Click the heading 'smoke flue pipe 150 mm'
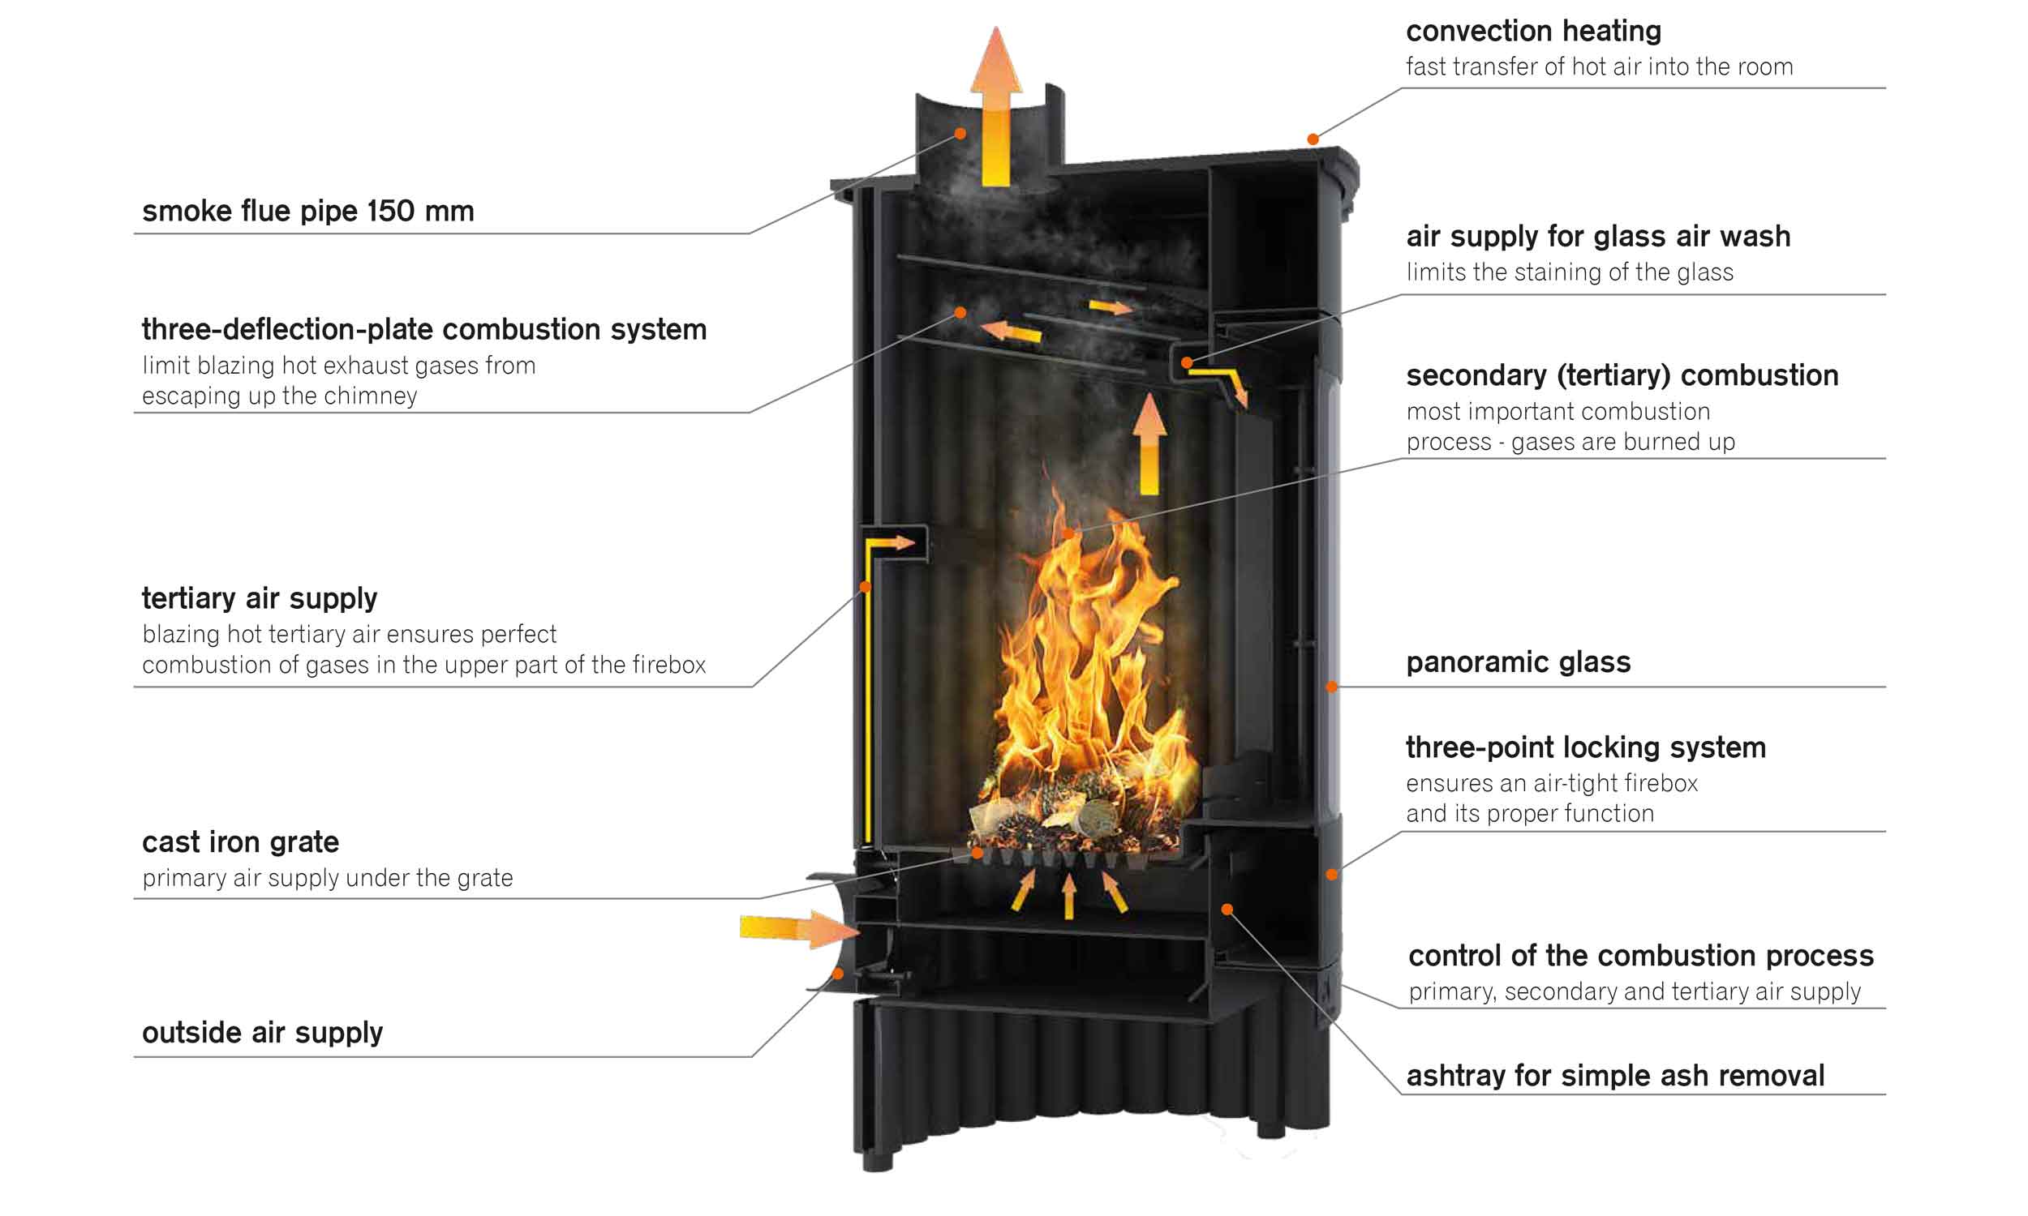[x=307, y=211]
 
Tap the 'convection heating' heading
[x=1533, y=31]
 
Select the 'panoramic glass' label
[x=1518, y=662]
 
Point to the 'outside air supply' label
[x=262, y=1033]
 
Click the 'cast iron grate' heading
[x=240, y=841]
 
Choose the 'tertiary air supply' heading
[x=259, y=598]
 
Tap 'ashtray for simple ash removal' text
[x=1615, y=1075]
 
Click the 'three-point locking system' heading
[x=1585, y=747]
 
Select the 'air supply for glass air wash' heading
[x=1597, y=236]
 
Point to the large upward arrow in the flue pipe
[x=996, y=106]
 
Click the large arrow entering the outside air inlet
[x=799, y=929]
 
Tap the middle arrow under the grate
[x=1069, y=897]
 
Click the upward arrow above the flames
[x=1149, y=443]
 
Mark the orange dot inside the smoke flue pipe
[x=960, y=133]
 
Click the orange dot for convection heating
[x=1313, y=139]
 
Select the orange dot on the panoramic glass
[x=1331, y=687]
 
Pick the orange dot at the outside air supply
[x=838, y=974]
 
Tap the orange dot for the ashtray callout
[x=1227, y=909]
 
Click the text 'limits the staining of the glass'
[x=1570, y=272]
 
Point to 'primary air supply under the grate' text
[x=327, y=878]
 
